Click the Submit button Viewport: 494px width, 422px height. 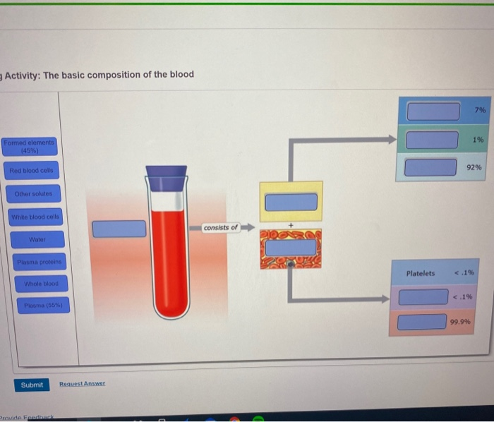tap(32, 385)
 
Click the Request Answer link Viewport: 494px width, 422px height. tap(82, 384)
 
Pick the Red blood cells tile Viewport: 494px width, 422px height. tap(31, 171)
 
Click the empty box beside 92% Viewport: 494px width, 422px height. tap(430, 167)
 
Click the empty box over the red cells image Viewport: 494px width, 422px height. tap(291, 248)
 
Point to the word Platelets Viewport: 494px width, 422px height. tap(421, 273)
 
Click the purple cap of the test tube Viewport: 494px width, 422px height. tap(167, 176)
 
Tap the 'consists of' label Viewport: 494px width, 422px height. tap(221, 228)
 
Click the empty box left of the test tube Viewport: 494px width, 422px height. tap(119, 229)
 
